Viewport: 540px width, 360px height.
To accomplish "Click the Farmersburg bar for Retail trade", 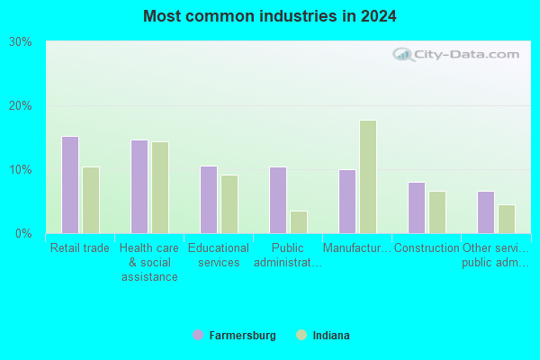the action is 70,185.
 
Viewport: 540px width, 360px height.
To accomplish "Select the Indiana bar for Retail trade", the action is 91,200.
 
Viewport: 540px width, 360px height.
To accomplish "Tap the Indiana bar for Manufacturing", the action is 368,176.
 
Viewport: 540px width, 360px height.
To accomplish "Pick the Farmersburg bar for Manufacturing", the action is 347,202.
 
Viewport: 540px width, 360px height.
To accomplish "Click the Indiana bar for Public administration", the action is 299,222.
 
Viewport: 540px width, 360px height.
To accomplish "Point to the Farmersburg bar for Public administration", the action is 278,200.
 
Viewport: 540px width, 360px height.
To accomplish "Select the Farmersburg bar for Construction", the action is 417,208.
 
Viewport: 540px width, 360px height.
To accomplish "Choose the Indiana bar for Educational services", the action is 229,204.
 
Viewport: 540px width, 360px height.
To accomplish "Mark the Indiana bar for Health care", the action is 160,188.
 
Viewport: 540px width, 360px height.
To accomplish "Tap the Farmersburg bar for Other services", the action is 486,212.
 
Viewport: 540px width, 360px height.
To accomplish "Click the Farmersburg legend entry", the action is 235,335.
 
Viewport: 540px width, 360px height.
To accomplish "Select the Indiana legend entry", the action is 323,335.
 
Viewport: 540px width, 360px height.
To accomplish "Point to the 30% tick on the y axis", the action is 21,42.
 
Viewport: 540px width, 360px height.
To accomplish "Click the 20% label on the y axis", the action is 21,106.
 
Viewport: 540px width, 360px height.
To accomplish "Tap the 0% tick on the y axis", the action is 23,234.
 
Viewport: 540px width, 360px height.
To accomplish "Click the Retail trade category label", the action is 80,247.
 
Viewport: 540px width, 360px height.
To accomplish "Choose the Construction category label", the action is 427,247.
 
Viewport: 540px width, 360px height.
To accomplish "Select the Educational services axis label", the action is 219,255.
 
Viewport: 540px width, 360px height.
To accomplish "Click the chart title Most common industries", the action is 270,16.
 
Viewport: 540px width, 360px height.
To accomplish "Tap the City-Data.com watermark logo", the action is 455,54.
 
